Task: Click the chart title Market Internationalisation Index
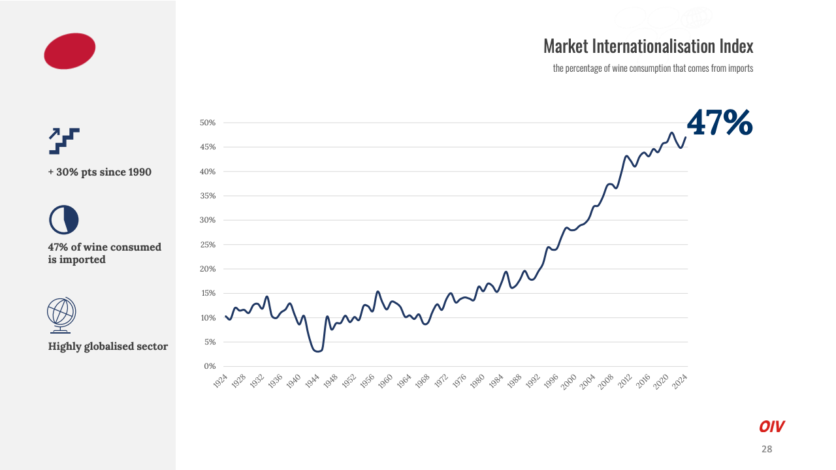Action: click(648, 46)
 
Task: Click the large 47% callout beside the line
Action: click(720, 123)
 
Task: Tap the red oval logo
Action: click(70, 51)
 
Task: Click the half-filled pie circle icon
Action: click(63, 220)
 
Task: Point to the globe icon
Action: click(61, 314)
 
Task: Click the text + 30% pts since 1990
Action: click(99, 172)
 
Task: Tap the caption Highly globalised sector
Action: click(108, 347)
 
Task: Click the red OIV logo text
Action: click(771, 427)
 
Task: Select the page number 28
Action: click(767, 449)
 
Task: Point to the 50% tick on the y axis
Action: click(208, 123)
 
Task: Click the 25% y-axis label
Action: click(208, 245)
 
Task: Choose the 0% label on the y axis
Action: click(210, 366)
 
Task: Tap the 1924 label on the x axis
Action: click(220, 381)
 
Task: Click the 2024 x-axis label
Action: click(679, 381)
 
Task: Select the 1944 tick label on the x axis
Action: click(312, 381)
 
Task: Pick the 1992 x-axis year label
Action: click(532, 381)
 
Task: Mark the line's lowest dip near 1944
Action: click(317, 351)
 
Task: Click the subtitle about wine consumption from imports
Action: click(653, 68)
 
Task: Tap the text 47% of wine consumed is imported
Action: click(104, 253)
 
